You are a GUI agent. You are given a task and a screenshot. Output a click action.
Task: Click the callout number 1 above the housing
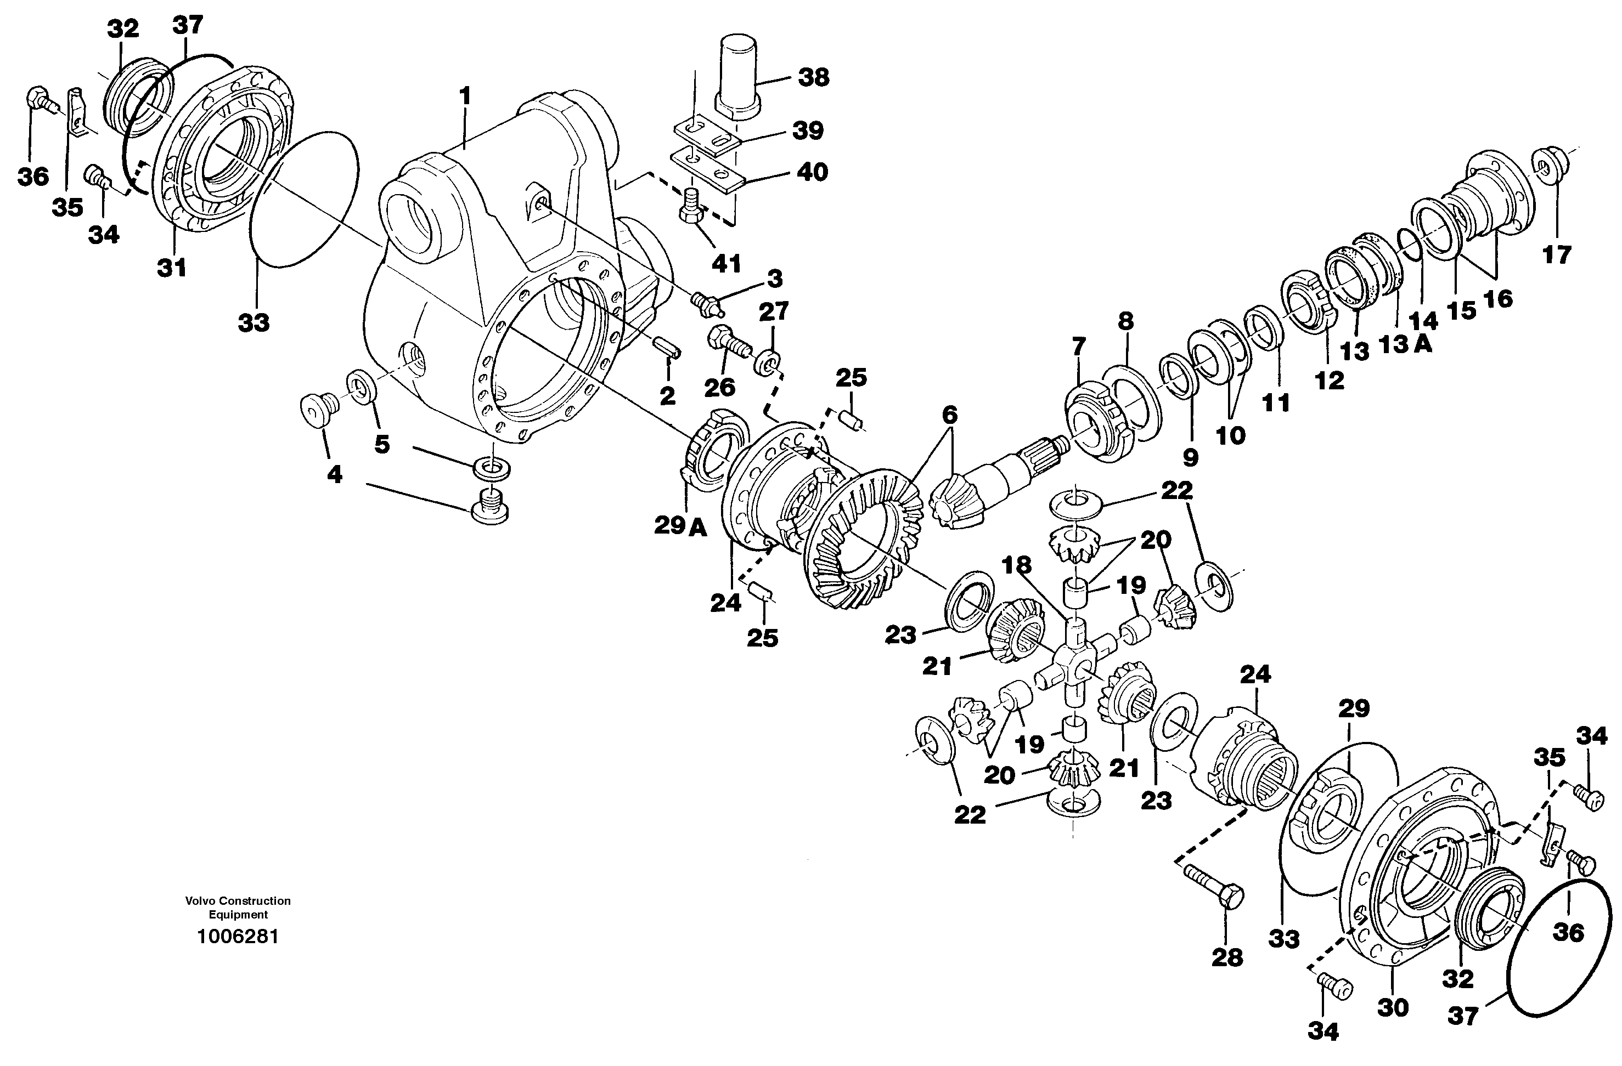click(465, 96)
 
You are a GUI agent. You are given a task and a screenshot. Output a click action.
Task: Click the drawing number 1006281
click(238, 937)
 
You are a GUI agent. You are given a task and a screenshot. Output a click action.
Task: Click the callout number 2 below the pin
click(667, 396)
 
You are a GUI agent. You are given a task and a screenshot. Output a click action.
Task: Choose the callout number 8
click(1125, 321)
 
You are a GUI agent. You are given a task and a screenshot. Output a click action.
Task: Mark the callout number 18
click(1016, 565)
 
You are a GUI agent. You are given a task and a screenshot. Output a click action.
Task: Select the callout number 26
click(720, 387)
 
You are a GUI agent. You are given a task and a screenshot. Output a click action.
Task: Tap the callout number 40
click(812, 172)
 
